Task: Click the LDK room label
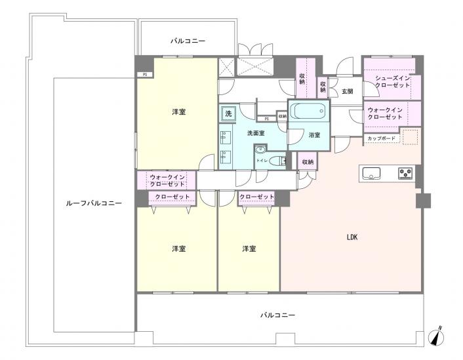pyautogui.click(x=352, y=237)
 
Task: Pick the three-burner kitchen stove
pyautogui.click(x=405, y=174)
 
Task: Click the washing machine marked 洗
pyautogui.click(x=228, y=113)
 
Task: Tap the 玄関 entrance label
pyautogui.click(x=347, y=92)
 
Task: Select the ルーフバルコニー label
pyautogui.click(x=94, y=204)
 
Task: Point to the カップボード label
pyautogui.click(x=381, y=138)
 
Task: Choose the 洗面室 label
pyautogui.click(x=256, y=133)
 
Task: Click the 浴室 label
pyautogui.click(x=315, y=135)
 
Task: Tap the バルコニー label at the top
pyautogui.click(x=188, y=41)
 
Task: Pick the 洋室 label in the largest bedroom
pyautogui.click(x=178, y=112)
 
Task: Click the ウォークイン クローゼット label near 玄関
pyautogui.click(x=385, y=112)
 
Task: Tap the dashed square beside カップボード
pyautogui.click(x=411, y=137)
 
